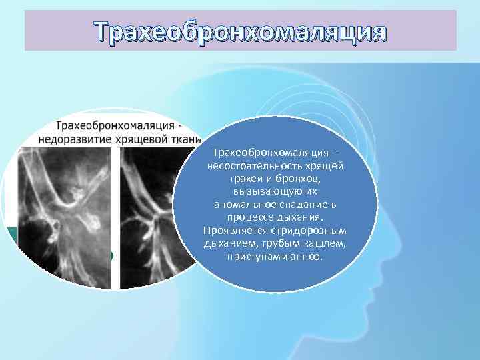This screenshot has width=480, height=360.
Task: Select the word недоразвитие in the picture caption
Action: tap(77, 139)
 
